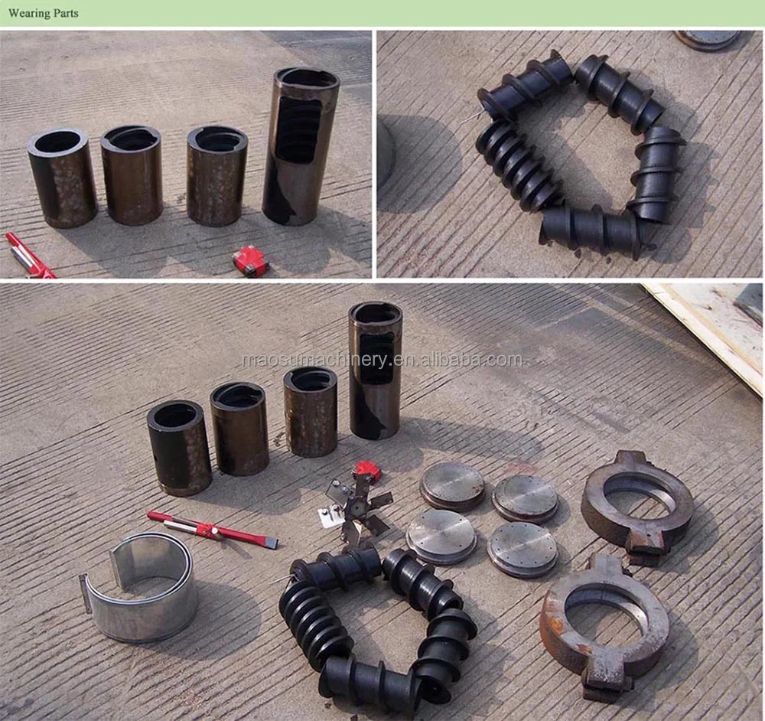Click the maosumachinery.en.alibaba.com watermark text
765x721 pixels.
(x=382, y=360)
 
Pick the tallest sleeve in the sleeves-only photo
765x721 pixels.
(x=301, y=146)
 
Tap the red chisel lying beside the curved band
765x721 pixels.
(x=213, y=529)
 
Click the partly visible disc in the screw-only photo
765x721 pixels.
(x=708, y=39)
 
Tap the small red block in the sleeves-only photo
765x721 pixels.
(x=250, y=261)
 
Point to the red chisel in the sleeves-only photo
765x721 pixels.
(x=28, y=256)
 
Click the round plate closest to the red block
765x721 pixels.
(x=452, y=486)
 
